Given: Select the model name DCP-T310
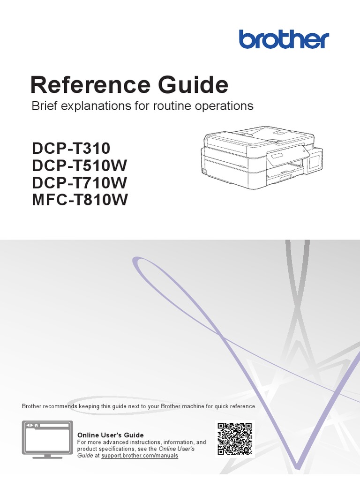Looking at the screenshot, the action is [71, 149].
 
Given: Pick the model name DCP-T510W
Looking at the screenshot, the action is [80, 166].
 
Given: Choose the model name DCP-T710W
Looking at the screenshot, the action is [80, 183].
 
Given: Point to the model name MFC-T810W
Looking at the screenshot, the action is [80, 201].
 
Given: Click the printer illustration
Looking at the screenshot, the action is [258, 159].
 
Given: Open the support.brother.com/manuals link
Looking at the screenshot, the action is [140, 456].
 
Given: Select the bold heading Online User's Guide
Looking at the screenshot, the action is [110, 435].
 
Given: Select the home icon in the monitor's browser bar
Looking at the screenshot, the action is [36, 425].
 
